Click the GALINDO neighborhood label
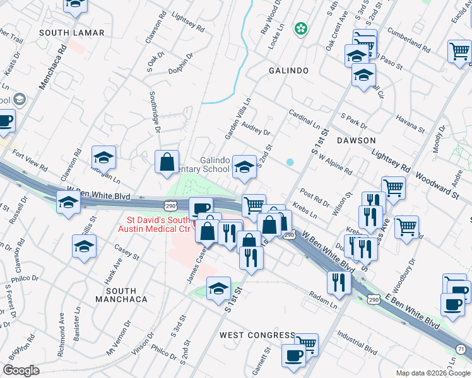[x=288, y=71]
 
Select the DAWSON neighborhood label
[x=356, y=140]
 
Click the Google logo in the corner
[x=21, y=370]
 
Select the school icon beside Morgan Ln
[x=104, y=157]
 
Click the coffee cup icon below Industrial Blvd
[x=293, y=355]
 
